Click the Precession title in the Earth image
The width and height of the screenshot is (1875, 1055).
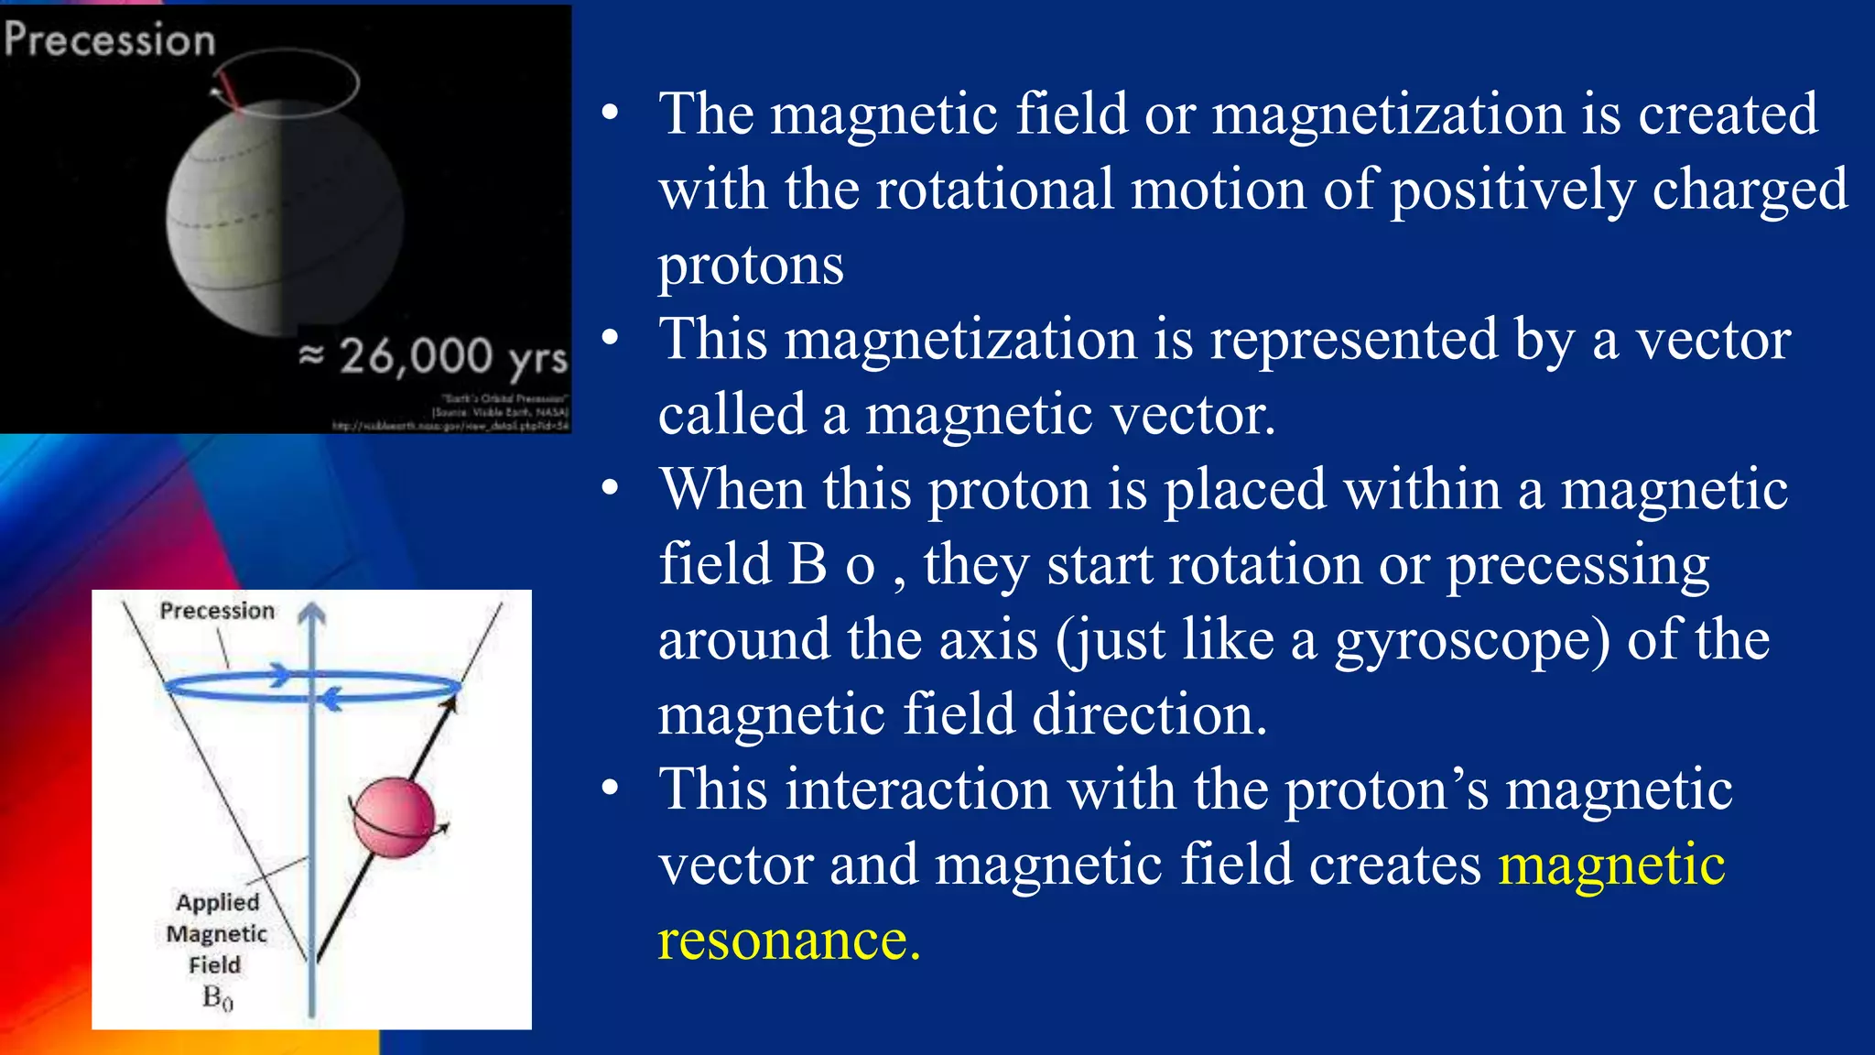(x=110, y=40)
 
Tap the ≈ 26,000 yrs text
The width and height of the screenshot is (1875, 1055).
(x=434, y=356)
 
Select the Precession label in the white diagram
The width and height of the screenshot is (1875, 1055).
(x=217, y=611)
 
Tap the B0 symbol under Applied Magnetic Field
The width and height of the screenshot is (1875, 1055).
(x=217, y=997)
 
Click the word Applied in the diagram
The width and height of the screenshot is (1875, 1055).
(x=218, y=902)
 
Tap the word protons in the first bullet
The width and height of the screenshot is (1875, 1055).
(x=751, y=266)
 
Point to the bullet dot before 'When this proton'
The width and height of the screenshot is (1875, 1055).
(x=611, y=488)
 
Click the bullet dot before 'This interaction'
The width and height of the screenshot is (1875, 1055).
(x=611, y=789)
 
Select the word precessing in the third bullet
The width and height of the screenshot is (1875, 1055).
(x=1577, y=565)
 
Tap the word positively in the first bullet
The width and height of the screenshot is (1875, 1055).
(x=1512, y=190)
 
